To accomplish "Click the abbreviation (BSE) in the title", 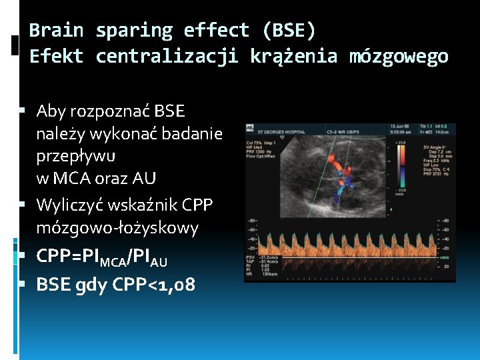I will [289, 31].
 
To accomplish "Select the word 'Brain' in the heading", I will [57, 31].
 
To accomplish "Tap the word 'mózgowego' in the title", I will [399, 57].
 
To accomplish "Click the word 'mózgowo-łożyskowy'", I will [117, 228].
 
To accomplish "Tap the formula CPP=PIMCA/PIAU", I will [101, 257].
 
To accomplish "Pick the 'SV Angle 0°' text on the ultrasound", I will [435, 147].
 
